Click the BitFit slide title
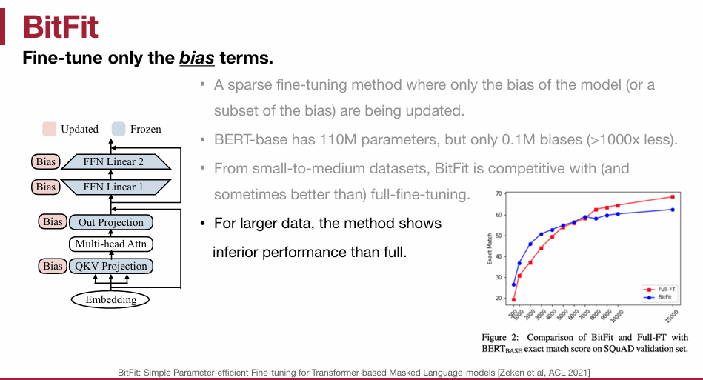tap(60, 27)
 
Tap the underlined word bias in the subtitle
tap(197, 58)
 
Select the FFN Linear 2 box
tap(116, 161)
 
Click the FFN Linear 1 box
tap(116, 187)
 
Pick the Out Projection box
tap(110, 222)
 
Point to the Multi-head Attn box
tap(110, 244)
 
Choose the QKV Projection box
tap(110, 266)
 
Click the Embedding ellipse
tap(110, 299)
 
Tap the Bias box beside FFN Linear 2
tap(46, 161)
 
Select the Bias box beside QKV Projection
tap(53, 266)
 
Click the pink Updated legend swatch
tap(50, 129)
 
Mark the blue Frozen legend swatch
tap(119, 129)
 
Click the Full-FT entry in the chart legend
tap(659, 290)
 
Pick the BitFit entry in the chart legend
tap(658, 297)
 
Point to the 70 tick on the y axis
tap(499, 193)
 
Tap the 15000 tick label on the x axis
tap(672, 316)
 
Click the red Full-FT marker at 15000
tap(673, 197)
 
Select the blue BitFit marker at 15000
tap(673, 210)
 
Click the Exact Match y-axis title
tap(490, 249)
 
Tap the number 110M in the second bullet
tap(338, 140)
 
